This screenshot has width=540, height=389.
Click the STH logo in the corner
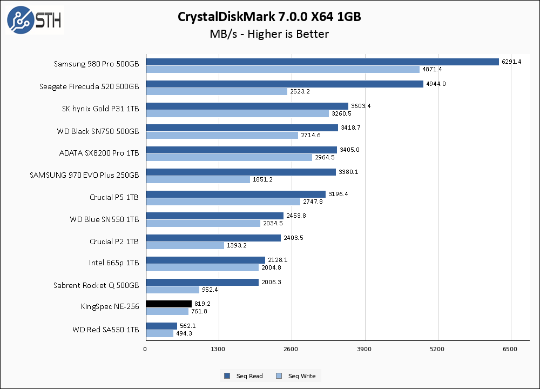click(x=34, y=20)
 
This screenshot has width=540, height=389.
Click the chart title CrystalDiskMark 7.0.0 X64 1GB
click(x=269, y=17)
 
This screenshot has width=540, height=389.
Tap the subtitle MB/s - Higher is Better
click(x=269, y=34)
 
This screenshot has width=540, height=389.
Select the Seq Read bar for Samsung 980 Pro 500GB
click(x=322, y=62)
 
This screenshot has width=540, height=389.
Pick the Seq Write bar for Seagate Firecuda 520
click(x=217, y=91)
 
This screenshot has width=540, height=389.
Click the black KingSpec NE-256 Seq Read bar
click(x=168, y=304)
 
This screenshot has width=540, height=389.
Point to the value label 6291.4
click(x=511, y=62)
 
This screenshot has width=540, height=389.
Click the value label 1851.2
click(x=263, y=179)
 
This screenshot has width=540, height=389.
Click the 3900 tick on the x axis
click(x=364, y=349)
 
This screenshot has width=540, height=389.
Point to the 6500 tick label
click(x=510, y=349)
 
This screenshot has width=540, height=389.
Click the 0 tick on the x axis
click(x=145, y=349)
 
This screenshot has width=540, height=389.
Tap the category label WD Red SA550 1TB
click(x=106, y=330)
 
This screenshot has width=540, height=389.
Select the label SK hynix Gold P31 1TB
click(x=101, y=109)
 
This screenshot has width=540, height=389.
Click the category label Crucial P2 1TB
click(x=114, y=242)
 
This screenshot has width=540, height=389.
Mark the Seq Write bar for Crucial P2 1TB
click(x=185, y=245)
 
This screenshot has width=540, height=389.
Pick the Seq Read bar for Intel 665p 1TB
click(x=205, y=260)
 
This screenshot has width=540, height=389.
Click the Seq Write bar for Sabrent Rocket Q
click(x=172, y=290)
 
